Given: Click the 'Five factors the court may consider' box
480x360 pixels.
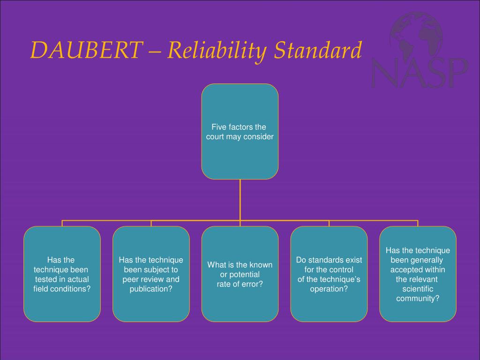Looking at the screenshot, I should [x=240, y=131].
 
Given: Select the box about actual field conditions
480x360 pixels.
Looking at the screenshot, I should [x=62, y=274].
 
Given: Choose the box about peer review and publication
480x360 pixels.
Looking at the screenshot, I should [x=151, y=274].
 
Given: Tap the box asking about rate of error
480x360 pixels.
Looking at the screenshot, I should [x=240, y=274].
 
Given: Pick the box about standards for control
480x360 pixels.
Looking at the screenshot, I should [x=329, y=274].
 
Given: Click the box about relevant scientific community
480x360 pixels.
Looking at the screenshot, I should [x=418, y=274].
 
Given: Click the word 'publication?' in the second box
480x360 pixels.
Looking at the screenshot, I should [x=151, y=289].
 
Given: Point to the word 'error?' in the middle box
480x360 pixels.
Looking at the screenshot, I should [x=252, y=284].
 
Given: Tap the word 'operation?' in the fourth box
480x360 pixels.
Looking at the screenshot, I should [x=329, y=289].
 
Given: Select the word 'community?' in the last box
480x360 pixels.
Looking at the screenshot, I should [x=418, y=298].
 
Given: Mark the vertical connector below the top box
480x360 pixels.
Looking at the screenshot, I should [x=240, y=199].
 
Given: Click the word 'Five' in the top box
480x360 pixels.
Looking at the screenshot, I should [x=218, y=127].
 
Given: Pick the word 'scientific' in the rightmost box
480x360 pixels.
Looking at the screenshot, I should [x=418, y=289].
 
